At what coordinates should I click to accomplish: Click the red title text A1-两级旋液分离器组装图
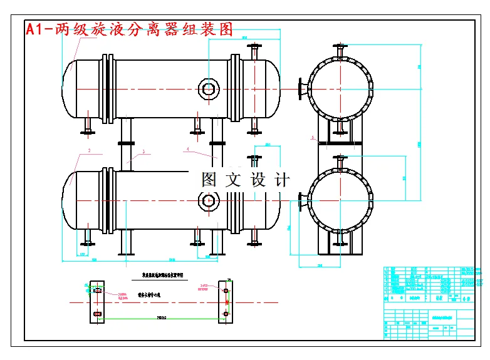point(128,29)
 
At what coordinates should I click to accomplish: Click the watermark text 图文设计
point(246,180)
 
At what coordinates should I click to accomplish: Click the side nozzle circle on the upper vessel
point(208,88)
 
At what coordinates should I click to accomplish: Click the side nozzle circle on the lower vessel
point(208,201)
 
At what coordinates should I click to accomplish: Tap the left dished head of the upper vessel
point(70,88)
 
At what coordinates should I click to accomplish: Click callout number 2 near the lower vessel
point(90,151)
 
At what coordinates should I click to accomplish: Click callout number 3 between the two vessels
point(143,152)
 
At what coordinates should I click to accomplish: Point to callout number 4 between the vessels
point(187,150)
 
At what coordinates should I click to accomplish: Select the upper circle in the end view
point(340,88)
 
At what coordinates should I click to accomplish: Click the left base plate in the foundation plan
point(97,302)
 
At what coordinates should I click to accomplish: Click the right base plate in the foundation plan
point(225,302)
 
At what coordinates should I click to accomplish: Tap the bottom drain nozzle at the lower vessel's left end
point(86,239)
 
